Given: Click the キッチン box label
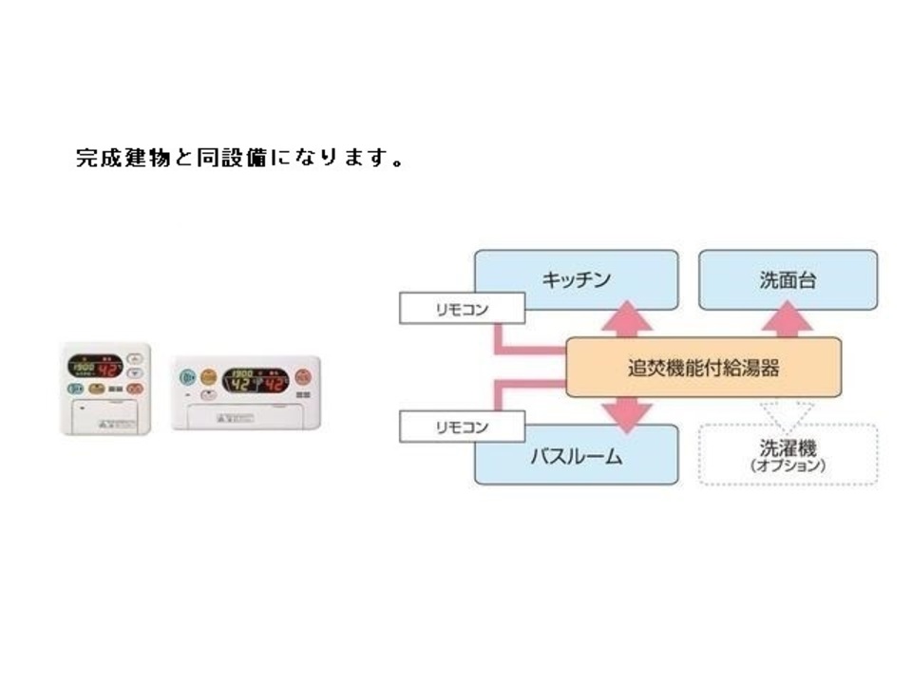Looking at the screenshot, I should point(576,280).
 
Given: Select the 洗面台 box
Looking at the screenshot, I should point(788,280).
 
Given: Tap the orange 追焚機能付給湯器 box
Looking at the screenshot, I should point(703,368).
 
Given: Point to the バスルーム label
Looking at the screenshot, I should point(575,458).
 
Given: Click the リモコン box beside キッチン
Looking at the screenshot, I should point(462,309).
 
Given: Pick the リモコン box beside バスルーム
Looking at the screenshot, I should point(462,427).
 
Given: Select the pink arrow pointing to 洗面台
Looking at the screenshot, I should point(788,320).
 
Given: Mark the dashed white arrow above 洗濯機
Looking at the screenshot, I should point(788,410).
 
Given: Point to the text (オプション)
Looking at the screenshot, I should point(788,467).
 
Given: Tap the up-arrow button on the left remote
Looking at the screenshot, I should point(135,360).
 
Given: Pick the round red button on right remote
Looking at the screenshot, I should point(303,376).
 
